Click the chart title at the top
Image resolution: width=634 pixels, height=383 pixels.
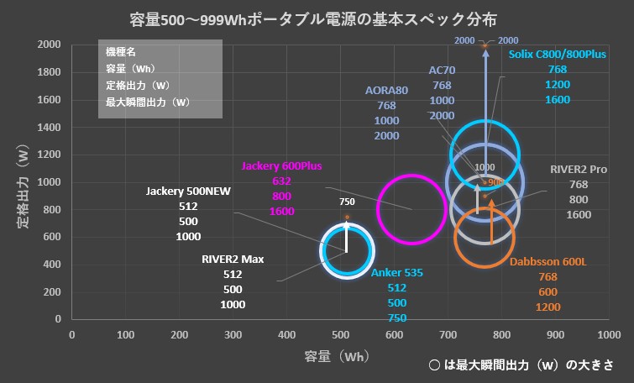[318, 18]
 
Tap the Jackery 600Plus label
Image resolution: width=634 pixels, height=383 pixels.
[281, 165]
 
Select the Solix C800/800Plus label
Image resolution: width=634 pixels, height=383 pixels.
[558, 55]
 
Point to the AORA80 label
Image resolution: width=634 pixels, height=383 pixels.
[386, 90]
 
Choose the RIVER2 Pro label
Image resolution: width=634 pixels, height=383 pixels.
[579, 170]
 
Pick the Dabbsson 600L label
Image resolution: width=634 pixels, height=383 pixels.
[548, 261]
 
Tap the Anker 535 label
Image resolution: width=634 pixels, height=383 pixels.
[397, 273]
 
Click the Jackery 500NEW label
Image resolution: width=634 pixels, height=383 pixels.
[188, 191]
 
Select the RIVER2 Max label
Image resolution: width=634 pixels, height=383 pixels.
[233, 259]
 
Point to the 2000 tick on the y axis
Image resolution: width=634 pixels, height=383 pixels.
[50, 45]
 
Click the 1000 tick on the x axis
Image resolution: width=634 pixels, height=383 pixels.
[608, 335]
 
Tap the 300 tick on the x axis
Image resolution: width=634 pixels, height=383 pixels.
[233, 335]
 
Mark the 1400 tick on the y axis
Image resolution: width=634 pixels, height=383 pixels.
[50, 127]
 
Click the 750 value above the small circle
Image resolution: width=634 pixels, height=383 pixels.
[347, 202]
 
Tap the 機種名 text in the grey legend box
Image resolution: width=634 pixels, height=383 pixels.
[119, 52]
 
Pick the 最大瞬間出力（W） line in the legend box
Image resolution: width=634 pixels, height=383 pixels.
[148, 102]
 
